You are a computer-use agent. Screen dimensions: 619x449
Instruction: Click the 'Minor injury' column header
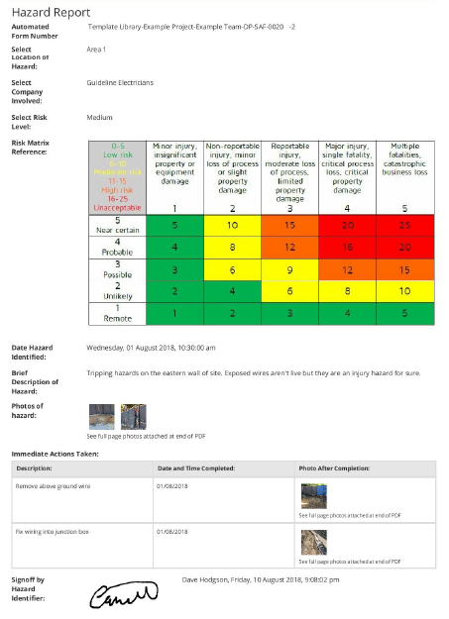174,164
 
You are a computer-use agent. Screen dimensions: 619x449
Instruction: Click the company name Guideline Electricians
120,83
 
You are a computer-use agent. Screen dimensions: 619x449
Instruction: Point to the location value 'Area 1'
97,49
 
